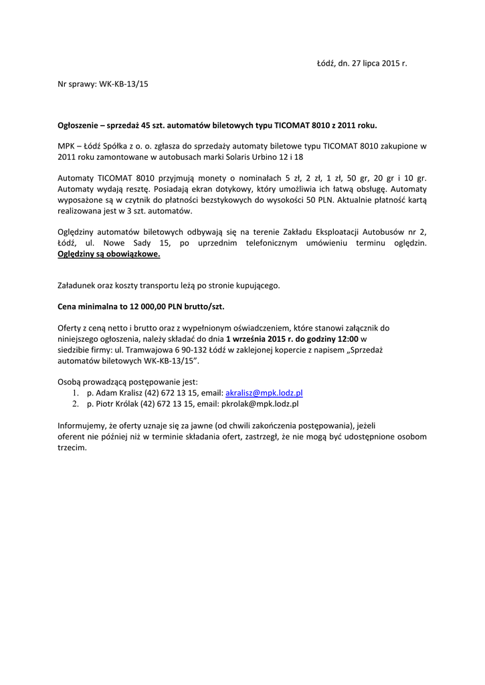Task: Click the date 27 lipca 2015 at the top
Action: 377,64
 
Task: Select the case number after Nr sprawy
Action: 124,85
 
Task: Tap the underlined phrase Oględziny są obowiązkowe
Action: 109,255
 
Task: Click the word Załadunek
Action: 79,286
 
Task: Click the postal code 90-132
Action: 183,349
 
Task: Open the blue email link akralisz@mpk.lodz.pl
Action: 264,393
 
